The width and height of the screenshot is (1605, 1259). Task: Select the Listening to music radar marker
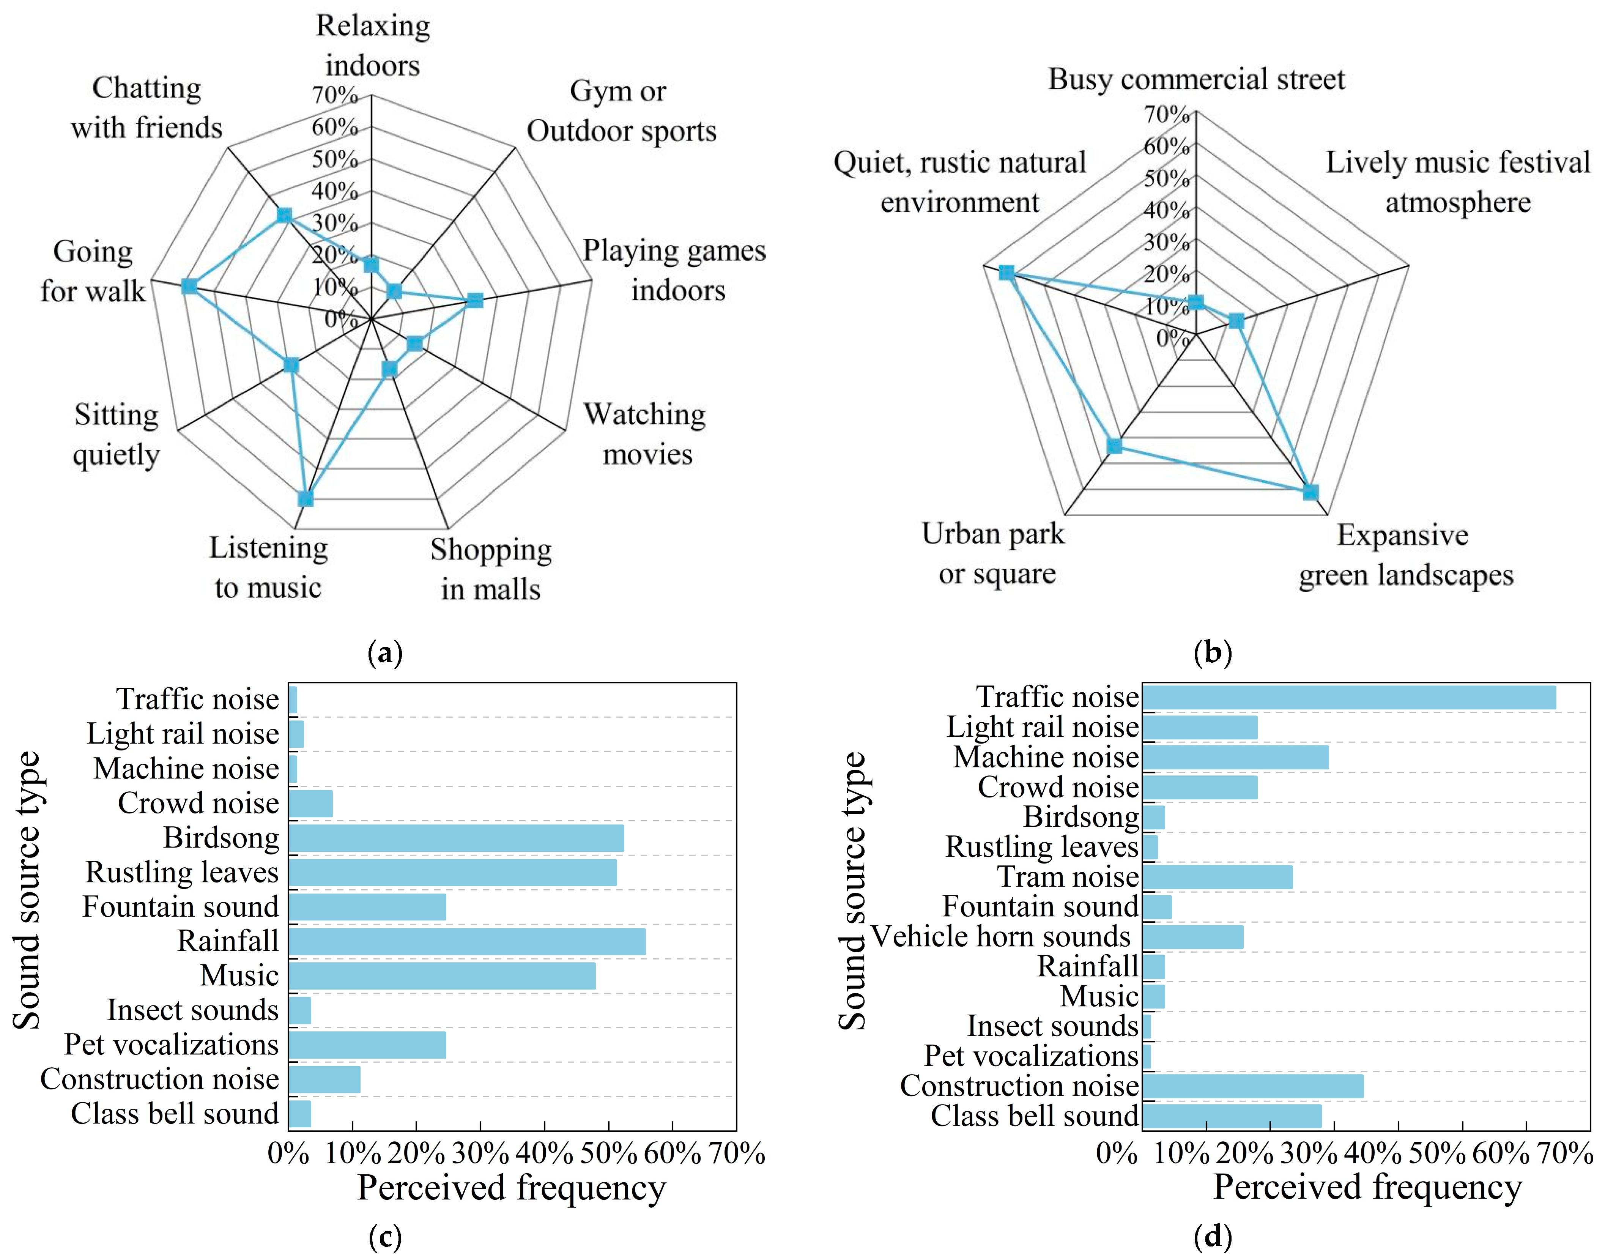point(305,499)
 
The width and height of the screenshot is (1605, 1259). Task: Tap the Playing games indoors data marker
point(475,300)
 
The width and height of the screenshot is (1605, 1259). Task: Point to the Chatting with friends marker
point(284,215)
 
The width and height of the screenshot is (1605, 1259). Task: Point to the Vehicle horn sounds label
point(1000,936)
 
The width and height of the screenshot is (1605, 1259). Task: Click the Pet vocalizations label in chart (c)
point(171,1045)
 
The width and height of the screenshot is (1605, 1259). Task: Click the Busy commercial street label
point(1196,79)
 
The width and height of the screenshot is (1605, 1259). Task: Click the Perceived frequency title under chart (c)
point(512,1188)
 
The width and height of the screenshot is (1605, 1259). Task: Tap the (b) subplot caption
point(1212,652)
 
